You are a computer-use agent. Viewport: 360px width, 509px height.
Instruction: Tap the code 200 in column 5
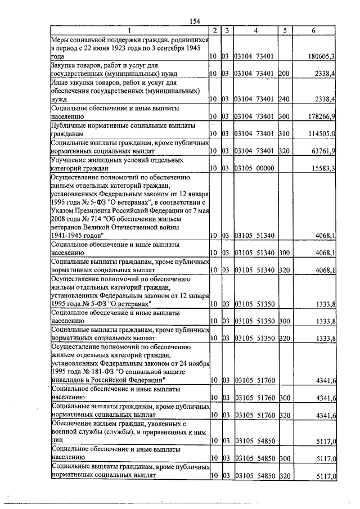pyautogui.click(x=283, y=74)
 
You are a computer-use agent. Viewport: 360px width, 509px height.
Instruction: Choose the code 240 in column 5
pyautogui.click(x=283, y=99)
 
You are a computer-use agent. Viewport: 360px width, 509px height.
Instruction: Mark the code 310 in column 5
pyautogui.click(x=283, y=134)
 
